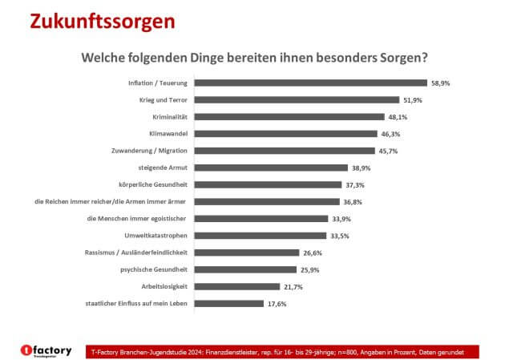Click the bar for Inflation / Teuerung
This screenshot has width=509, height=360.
tap(311, 83)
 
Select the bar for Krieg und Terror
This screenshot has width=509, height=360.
tap(297, 99)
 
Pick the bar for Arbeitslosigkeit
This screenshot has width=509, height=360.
tap(238, 286)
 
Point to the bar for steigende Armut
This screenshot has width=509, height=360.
tap(272, 168)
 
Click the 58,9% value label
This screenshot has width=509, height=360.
tap(440, 83)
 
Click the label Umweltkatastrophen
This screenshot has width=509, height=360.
tap(156, 236)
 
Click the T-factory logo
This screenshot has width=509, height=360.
tap(46, 350)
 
